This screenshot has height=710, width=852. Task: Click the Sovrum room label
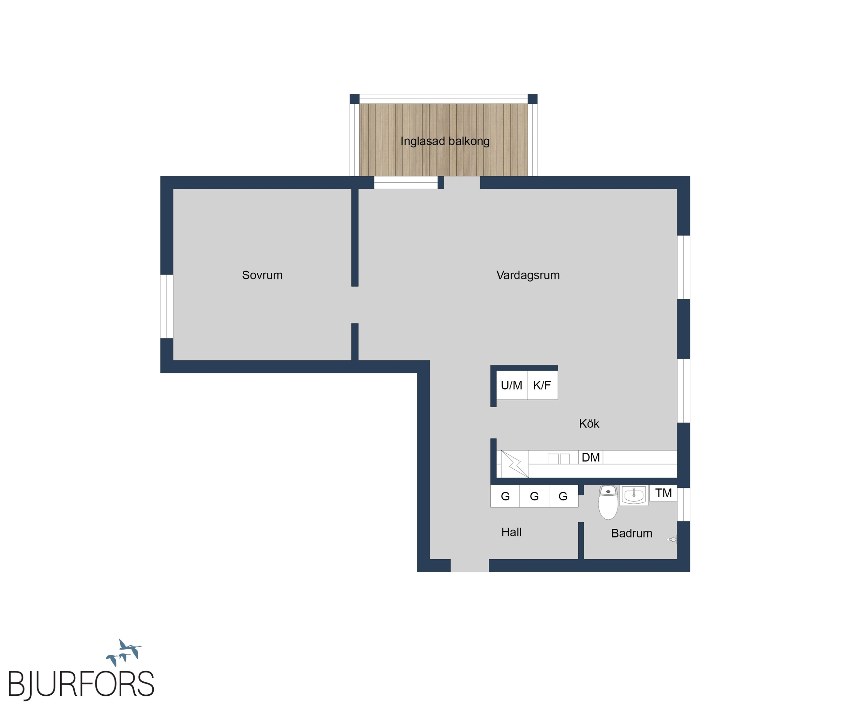[262, 275]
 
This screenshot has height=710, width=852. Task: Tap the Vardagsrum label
[528, 275]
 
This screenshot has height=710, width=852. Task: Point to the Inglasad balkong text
[445, 141]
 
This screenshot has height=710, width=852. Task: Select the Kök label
[589, 424]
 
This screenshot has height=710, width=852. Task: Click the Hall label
[511, 532]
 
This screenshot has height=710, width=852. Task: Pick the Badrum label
[632, 533]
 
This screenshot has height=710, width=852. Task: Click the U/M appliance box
[512, 385]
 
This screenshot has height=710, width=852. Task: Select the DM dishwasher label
[591, 457]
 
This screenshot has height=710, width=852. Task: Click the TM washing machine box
[663, 493]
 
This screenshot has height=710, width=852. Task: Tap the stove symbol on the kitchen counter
[515, 464]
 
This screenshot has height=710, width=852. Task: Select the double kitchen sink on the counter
[559, 458]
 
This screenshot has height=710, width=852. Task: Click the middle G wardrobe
[534, 496]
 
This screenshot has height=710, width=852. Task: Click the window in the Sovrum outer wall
[167, 306]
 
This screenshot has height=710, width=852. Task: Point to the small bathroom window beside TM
[684, 504]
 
